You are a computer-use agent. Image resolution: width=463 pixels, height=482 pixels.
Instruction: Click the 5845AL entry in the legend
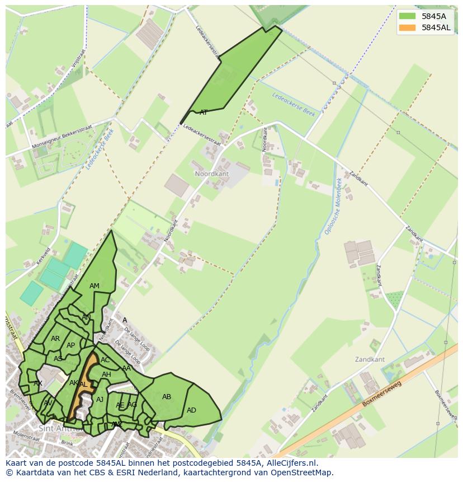(x=436, y=27)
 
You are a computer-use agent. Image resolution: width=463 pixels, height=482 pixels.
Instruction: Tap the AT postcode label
(x=204, y=113)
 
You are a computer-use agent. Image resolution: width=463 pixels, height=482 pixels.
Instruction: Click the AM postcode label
(x=95, y=286)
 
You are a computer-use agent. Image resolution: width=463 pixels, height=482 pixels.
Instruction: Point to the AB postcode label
(x=167, y=397)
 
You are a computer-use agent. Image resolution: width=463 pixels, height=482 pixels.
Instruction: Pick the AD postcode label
(x=191, y=410)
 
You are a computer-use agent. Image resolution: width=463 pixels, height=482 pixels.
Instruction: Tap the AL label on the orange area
(x=83, y=385)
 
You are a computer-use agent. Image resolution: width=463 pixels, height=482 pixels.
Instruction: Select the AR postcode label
(x=55, y=339)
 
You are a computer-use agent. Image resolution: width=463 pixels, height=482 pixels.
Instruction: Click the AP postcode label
(x=70, y=345)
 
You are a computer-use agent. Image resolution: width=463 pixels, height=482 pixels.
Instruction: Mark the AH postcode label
(x=106, y=375)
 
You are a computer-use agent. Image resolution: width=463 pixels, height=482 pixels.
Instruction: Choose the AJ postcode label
(x=100, y=399)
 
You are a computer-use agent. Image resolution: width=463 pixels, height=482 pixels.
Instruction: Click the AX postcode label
(x=38, y=383)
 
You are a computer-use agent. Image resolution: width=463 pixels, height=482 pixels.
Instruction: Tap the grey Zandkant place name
(x=370, y=359)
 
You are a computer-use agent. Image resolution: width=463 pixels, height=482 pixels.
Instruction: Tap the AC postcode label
(x=105, y=360)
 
